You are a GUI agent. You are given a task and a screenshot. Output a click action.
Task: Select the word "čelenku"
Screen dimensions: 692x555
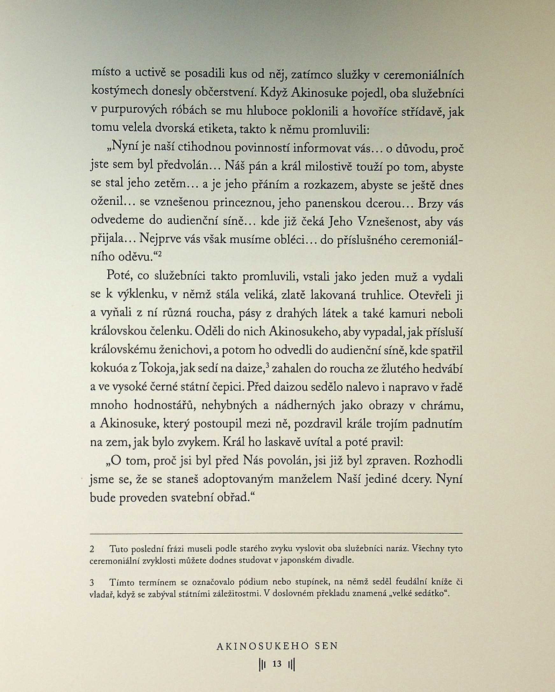point(171,333)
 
